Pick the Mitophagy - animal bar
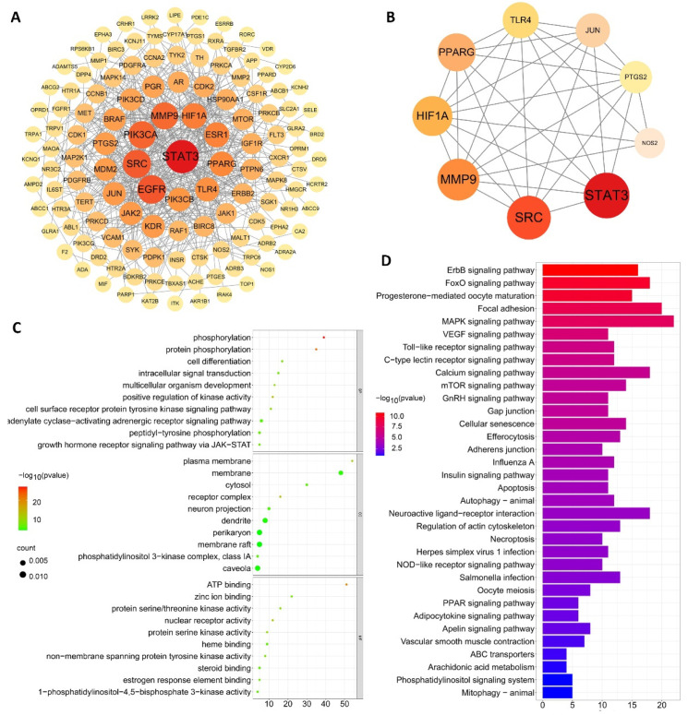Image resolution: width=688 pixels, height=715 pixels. [x=557, y=690]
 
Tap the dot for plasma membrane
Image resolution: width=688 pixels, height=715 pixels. [x=352, y=460]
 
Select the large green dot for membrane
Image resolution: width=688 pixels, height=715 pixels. [x=341, y=472]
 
